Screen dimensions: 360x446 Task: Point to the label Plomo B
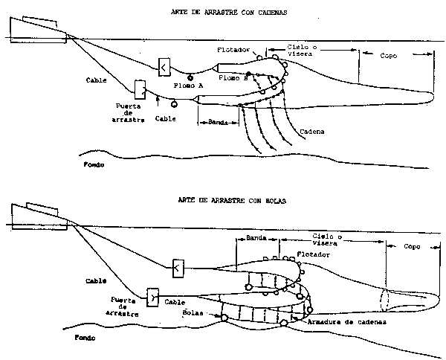[235, 77]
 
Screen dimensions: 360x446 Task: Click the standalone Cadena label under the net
[313, 132]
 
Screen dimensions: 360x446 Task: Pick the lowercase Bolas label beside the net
[193, 313]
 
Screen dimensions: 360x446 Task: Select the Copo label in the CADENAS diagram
[389, 56]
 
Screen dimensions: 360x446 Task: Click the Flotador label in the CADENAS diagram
[233, 50]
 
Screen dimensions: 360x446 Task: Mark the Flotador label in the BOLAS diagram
[311, 254]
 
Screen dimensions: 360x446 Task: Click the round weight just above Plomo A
[191, 77]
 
